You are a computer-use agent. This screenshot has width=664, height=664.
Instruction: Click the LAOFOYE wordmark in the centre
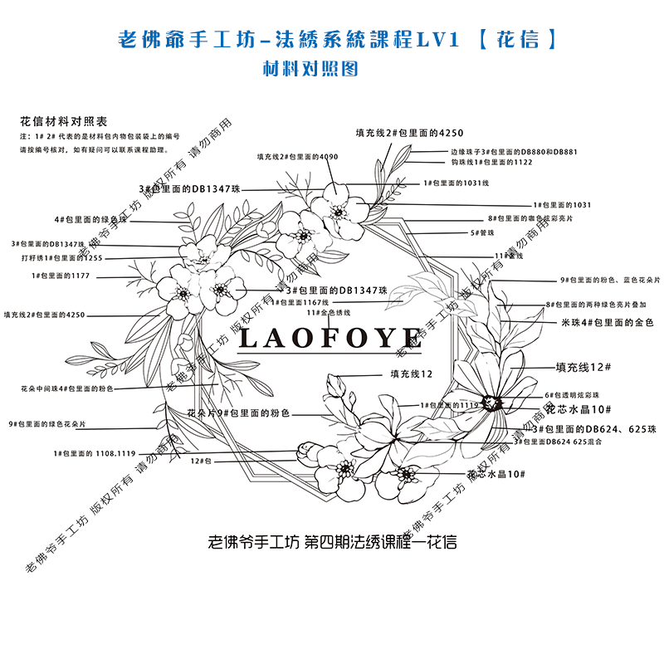click(x=330, y=338)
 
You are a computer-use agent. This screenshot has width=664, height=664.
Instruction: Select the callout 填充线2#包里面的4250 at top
click(x=409, y=133)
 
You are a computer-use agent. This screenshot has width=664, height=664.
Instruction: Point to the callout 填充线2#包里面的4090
click(x=297, y=156)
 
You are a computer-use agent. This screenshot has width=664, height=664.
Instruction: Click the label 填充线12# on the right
click(x=583, y=366)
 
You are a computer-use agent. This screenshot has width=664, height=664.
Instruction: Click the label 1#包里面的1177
click(x=61, y=275)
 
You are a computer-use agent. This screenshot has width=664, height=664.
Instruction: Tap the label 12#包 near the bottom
click(x=203, y=460)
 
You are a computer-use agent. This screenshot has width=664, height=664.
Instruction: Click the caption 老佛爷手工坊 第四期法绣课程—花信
click(x=331, y=542)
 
